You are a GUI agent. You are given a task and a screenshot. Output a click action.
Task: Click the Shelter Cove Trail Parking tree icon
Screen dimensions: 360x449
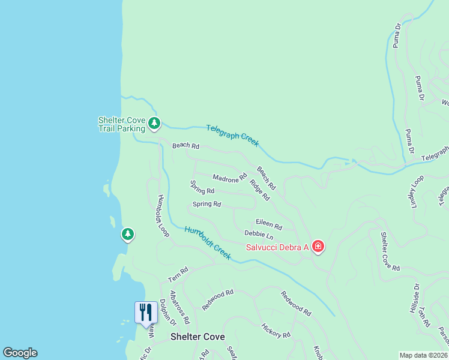tap(155, 124)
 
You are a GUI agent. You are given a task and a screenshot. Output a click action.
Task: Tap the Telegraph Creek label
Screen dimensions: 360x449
tap(232, 135)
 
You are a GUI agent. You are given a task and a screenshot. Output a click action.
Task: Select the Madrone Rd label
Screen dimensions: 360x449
tap(230, 178)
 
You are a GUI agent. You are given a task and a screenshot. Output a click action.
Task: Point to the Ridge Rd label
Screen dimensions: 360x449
tap(259, 190)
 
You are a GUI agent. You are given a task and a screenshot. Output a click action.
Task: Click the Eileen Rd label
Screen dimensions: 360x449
tap(269, 225)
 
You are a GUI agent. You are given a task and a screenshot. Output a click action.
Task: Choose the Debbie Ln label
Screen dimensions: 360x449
tap(259, 235)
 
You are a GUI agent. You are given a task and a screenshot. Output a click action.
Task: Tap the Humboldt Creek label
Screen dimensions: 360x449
tap(208, 242)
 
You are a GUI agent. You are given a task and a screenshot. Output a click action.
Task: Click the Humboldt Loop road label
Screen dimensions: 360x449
tap(163, 215)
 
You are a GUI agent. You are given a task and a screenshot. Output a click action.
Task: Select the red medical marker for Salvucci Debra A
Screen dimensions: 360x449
tap(318, 247)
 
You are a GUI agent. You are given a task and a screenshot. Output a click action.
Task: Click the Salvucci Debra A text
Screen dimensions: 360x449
tap(277, 247)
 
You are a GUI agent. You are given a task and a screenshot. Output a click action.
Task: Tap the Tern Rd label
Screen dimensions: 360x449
tap(178, 275)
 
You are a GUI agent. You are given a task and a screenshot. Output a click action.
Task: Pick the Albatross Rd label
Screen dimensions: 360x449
tap(179, 307)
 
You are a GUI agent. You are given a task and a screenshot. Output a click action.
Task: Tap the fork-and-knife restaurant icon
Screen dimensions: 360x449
tap(146, 312)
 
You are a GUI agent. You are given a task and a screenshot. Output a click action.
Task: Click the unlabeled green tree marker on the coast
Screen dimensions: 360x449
tap(127, 234)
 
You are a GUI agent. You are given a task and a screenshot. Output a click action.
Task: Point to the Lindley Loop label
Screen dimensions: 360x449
tap(417, 190)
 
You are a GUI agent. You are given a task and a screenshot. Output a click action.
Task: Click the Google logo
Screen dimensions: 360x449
tap(20, 353)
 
